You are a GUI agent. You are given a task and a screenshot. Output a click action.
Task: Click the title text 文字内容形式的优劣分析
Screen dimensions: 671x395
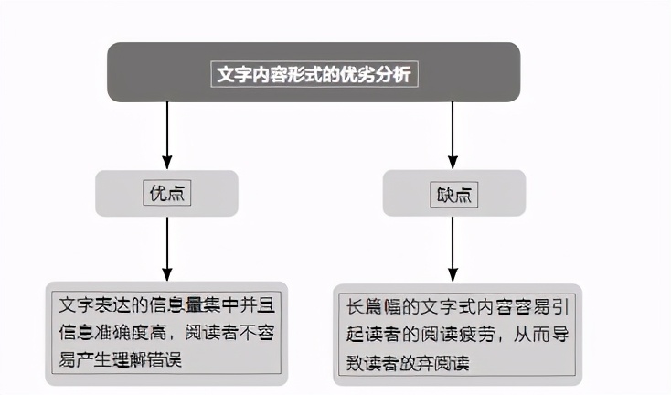click(x=314, y=74)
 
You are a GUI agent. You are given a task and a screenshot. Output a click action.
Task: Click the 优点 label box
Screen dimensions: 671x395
click(x=167, y=194)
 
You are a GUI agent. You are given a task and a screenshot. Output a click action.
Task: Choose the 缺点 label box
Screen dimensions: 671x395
click(x=454, y=195)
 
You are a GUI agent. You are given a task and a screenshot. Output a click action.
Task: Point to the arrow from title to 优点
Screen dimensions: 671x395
click(x=167, y=134)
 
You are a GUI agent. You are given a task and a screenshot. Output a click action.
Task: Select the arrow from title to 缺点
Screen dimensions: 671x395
click(x=453, y=134)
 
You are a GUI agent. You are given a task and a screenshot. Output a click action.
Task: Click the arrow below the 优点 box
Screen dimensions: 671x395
click(x=167, y=249)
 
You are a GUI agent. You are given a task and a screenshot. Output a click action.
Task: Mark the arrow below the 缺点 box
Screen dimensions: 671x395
click(x=453, y=249)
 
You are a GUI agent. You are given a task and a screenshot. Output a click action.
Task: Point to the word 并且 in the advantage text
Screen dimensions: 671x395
click(x=257, y=304)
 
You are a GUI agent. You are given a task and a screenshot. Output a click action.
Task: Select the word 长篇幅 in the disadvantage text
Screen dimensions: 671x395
click(x=374, y=307)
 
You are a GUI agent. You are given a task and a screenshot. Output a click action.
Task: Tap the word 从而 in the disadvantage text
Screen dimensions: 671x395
click(x=531, y=335)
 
